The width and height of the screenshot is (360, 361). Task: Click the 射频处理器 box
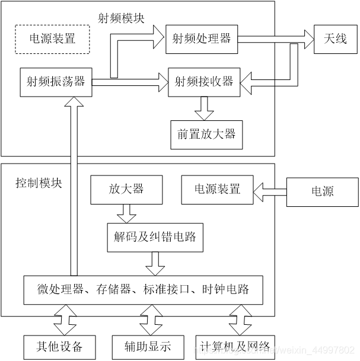pos(202,39)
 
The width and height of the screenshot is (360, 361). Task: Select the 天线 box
pos(336,39)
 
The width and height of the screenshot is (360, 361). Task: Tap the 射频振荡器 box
pos(56,81)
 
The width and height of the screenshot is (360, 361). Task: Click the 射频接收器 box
pos(203,81)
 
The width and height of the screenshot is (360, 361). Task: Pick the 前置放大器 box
pos(206,133)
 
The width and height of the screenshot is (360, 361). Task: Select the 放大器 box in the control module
pos(126,189)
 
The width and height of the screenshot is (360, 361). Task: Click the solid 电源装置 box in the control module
pos(217,189)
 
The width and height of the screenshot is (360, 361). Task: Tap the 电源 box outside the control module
pos(323,191)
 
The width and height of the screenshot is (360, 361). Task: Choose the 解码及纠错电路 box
pos(155,238)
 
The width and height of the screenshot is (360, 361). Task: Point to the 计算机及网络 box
pos(235,346)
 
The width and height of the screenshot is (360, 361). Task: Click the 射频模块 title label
pos(120,18)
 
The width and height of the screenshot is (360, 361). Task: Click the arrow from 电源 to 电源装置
pos(270,190)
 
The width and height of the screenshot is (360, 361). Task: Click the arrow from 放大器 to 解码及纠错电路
pos(126,212)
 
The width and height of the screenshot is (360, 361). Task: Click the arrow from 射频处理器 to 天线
pos(276,39)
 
